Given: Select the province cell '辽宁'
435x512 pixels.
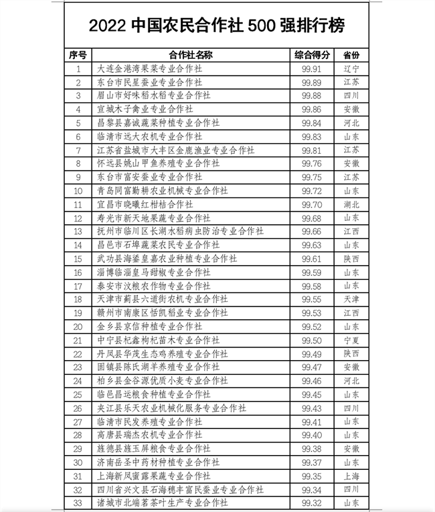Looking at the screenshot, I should click(351, 68).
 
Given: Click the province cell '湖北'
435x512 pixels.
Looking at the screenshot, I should click(351, 204).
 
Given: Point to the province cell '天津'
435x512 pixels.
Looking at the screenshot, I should click(351, 299).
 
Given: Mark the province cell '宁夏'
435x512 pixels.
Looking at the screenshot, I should click(351, 340).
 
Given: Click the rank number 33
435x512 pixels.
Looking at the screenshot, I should click(78, 502).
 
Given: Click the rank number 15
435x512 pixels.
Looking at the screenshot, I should click(78, 258).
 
